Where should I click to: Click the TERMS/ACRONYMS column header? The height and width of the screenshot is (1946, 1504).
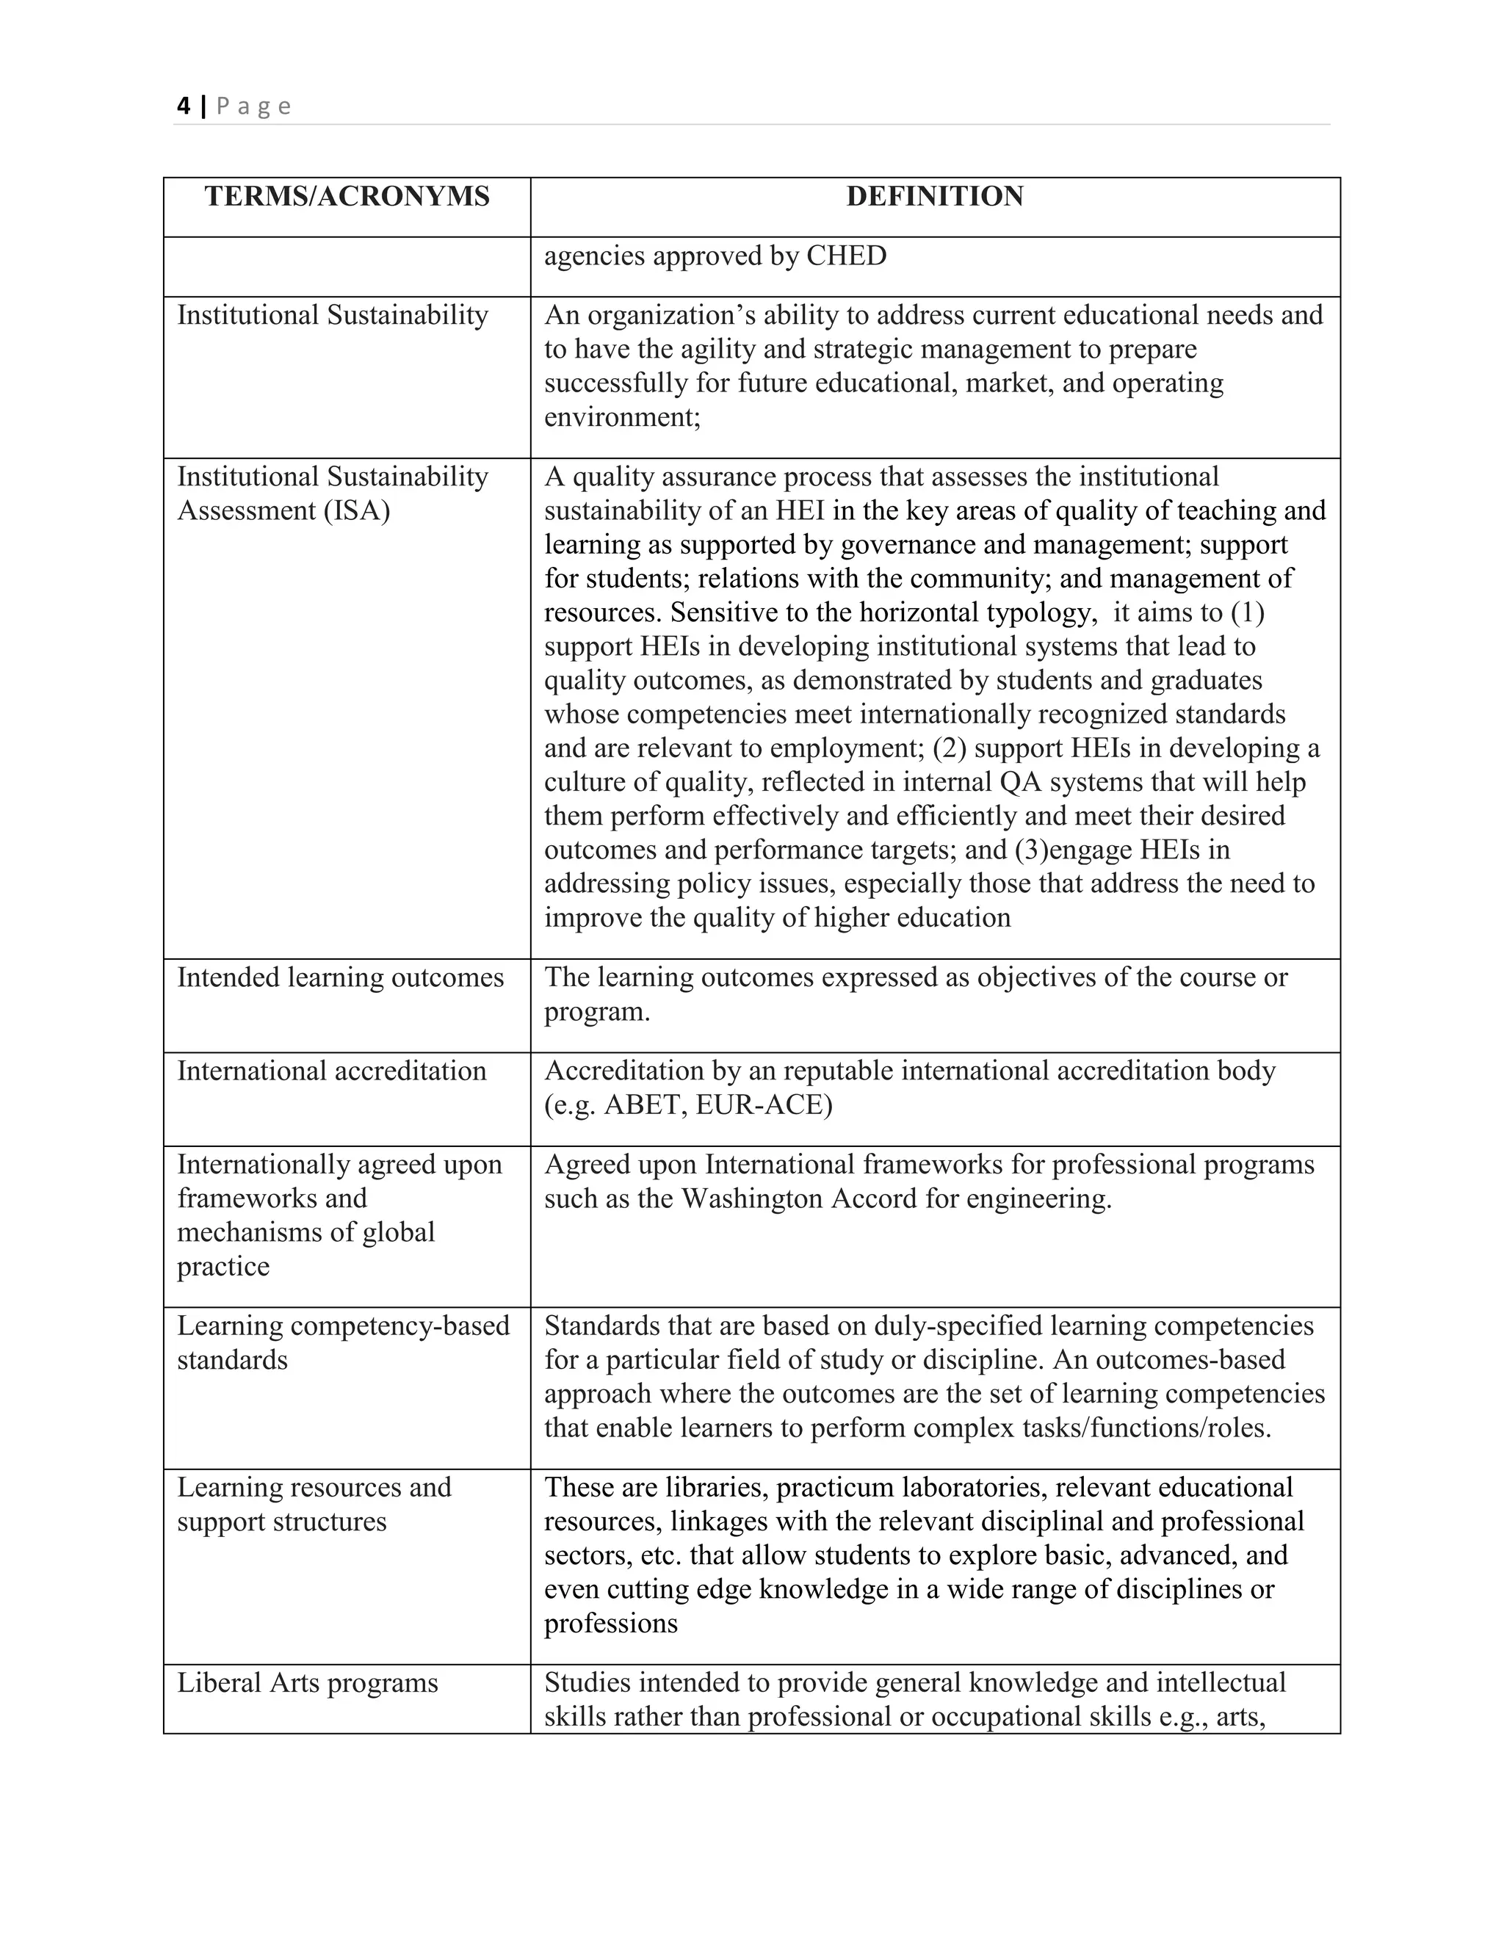click(347, 197)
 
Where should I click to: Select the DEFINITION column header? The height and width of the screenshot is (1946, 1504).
click(935, 197)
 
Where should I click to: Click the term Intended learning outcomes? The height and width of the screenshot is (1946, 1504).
click(340, 978)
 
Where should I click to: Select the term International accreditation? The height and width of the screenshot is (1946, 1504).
click(331, 1071)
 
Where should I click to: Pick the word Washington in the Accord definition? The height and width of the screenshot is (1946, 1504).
click(752, 1199)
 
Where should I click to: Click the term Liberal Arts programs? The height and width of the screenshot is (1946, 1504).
click(308, 1683)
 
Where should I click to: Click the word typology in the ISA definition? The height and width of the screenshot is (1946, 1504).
click(1038, 613)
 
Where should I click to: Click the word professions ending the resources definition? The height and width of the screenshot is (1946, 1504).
click(610, 1624)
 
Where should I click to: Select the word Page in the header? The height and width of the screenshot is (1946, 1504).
click(253, 107)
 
